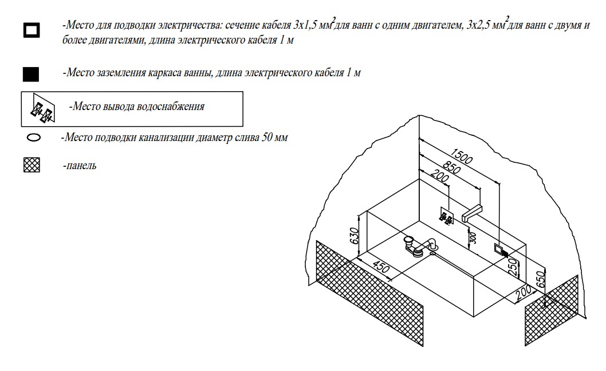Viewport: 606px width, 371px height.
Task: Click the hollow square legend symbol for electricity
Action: coord(31,30)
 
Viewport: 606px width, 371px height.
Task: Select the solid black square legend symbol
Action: coord(31,74)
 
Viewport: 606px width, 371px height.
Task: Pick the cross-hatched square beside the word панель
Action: coord(32,165)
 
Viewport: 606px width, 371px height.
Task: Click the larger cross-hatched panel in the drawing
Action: coord(370,292)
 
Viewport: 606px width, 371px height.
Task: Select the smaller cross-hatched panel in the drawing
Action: coord(552,310)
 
